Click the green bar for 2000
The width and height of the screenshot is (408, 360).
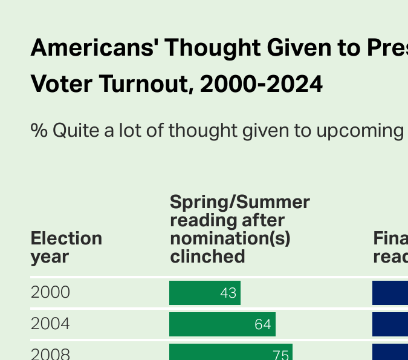(x=204, y=293)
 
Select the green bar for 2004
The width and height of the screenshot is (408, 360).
(x=222, y=324)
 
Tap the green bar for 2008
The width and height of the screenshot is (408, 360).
(x=230, y=352)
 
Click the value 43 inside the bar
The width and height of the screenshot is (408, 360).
(x=228, y=293)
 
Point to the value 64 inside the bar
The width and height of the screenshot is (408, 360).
(x=262, y=324)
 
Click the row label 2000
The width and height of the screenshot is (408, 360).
(x=50, y=293)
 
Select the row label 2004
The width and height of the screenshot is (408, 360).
(x=50, y=324)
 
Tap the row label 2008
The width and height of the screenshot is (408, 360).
(x=50, y=354)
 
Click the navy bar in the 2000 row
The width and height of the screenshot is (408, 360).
(x=390, y=293)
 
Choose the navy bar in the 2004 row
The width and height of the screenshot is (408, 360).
(x=390, y=324)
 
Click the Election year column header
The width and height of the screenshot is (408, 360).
(x=66, y=247)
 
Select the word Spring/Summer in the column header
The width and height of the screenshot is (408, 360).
(x=239, y=202)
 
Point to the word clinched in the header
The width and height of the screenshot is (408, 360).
(x=207, y=257)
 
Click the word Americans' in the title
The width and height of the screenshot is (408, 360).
(x=93, y=47)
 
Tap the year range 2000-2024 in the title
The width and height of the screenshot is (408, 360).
(x=261, y=85)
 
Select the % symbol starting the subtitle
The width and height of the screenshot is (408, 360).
(x=39, y=130)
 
